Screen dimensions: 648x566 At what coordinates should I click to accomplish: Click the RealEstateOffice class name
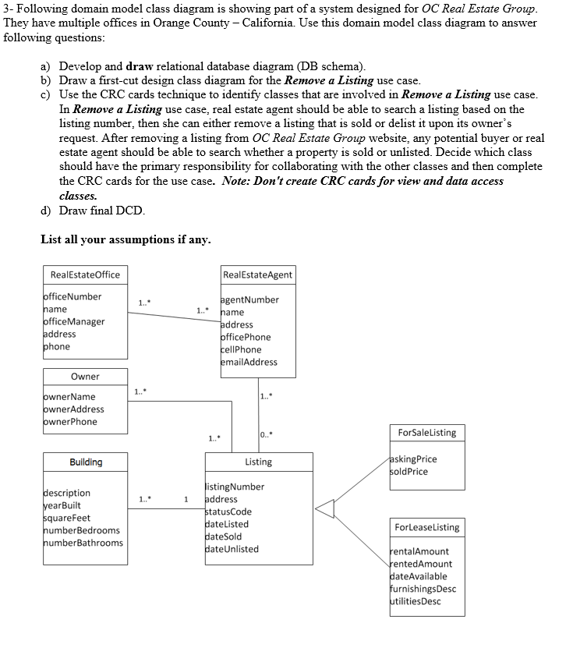click(x=85, y=274)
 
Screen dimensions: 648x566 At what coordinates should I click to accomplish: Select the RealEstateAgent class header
click(x=257, y=274)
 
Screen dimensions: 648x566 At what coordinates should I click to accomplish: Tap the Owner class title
click(x=85, y=377)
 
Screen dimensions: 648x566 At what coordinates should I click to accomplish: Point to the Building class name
click(x=86, y=462)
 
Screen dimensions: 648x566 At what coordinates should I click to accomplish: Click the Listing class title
click(x=258, y=462)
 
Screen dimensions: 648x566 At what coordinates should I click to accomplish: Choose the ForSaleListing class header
click(x=426, y=433)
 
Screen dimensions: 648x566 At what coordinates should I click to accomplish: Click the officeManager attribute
click(x=73, y=321)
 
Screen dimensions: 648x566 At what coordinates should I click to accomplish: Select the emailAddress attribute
click(x=249, y=362)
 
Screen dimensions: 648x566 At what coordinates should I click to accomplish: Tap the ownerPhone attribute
click(x=69, y=422)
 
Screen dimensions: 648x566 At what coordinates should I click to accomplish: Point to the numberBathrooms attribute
click(x=82, y=543)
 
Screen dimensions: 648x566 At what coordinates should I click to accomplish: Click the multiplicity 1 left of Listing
click(x=186, y=499)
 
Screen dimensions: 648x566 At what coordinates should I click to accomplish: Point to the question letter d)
click(x=46, y=211)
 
